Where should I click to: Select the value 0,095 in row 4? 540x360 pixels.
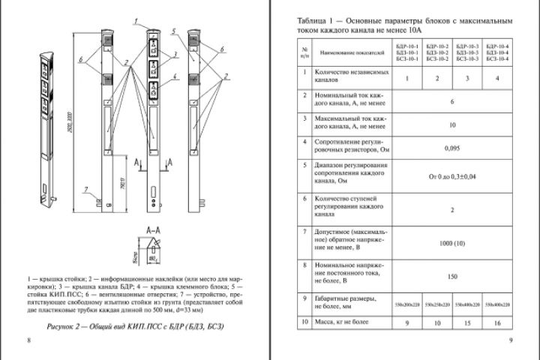pyautogui.click(x=451, y=148)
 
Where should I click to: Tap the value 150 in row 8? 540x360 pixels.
pyautogui.click(x=451, y=276)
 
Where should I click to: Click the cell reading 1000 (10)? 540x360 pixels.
pyautogui.click(x=451, y=244)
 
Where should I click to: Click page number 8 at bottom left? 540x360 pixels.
pyautogui.click(x=28, y=341)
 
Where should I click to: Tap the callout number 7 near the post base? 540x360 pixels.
pyautogui.click(x=87, y=189)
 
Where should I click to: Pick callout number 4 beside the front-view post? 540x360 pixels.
pyautogui.click(x=173, y=76)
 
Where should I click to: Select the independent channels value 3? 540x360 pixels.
pyautogui.click(x=466, y=77)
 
